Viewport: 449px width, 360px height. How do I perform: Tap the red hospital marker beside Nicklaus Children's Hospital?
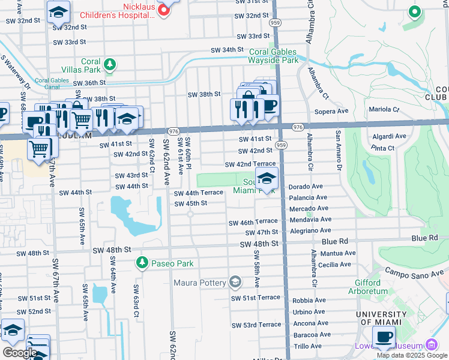pos(162,10)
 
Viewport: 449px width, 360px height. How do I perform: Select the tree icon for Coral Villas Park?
pos(109,64)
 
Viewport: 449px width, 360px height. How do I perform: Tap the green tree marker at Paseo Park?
pos(142,263)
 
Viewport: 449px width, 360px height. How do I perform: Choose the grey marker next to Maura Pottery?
pos(235,282)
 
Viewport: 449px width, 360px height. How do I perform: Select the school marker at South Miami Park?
pos(267,178)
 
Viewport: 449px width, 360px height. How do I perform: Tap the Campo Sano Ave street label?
pos(413,275)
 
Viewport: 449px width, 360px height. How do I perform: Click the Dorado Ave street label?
pos(307,187)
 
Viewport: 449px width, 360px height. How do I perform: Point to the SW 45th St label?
pos(190,203)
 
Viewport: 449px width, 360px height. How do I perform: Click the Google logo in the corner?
pos(19,352)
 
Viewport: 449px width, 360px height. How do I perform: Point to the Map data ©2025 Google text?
pos(412,355)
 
